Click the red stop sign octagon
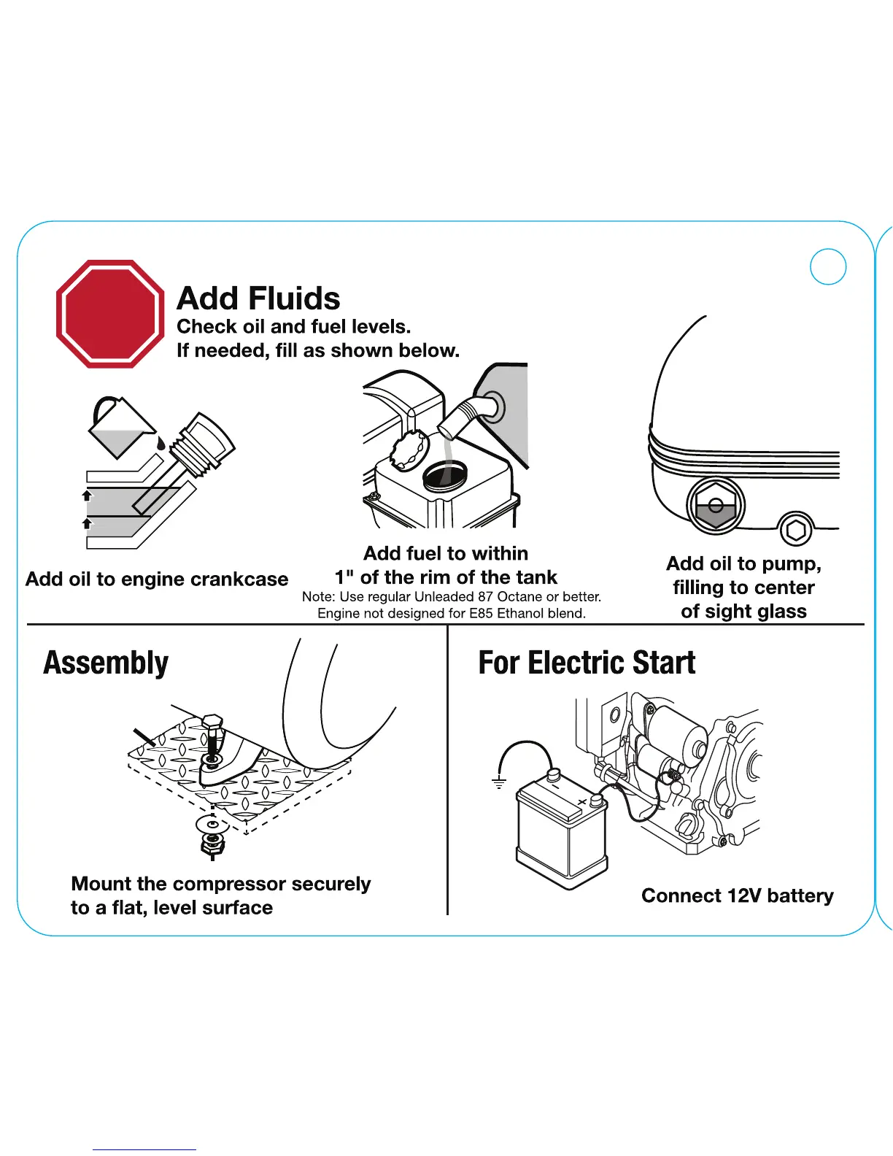click(x=109, y=314)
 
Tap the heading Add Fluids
click(x=258, y=298)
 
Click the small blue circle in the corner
click(x=828, y=266)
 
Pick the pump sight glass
click(x=716, y=505)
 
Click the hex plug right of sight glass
click(x=796, y=531)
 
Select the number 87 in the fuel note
click(x=485, y=596)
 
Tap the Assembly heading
click(x=106, y=663)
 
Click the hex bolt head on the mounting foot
click(x=212, y=724)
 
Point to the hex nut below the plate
click(x=212, y=845)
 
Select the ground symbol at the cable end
click(x=499, y=782)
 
